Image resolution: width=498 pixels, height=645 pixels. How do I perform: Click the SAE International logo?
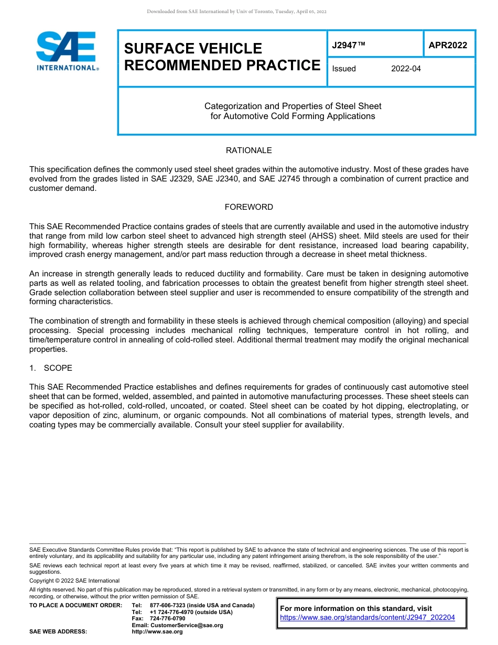(67, 51)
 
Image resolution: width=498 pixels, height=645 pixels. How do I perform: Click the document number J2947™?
(348, 46)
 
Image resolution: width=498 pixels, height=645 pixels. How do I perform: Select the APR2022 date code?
(448, 46)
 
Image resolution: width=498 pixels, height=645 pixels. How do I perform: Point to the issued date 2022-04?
(406, 69)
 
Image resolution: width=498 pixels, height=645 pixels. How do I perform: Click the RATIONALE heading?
(248, 150)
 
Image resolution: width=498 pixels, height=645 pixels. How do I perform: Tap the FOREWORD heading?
(248, 207)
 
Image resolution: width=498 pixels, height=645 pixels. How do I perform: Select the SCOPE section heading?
(58, 368)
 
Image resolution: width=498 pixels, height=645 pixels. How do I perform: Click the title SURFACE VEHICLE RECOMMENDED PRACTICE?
(222, 57)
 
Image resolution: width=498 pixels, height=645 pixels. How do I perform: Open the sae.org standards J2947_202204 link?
(367, 618)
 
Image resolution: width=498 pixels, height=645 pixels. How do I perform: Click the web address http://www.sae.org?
(157, 632)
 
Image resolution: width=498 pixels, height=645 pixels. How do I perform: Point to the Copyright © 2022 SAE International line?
(74, 580)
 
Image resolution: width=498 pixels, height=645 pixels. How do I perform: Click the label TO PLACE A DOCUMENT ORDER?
(75, 605)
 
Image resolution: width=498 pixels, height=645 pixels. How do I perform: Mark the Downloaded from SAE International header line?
(236, 12)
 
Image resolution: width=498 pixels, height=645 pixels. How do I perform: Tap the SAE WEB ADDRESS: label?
(58, 632)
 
